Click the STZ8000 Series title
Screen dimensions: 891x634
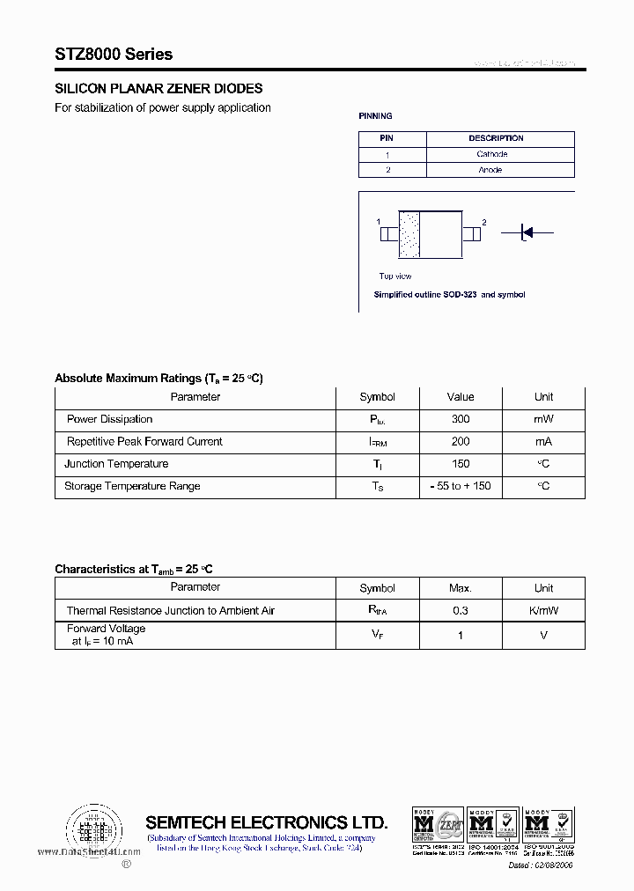[x=114, y=55]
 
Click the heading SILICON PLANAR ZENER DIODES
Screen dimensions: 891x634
[x=158, y=89]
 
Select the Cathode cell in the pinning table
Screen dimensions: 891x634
[x=491, y=154]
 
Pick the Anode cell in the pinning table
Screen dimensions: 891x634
[x=490, y=170]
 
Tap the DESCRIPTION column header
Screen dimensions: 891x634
[x=496, y=138]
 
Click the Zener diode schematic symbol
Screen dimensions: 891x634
[x=526, y=232]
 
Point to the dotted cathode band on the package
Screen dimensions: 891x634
[x=409, y=234]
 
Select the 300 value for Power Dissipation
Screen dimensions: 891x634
[x=460, y=420]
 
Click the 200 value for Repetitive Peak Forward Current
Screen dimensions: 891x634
[x=460, y=442]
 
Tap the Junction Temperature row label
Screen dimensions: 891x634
[x=116, y=464]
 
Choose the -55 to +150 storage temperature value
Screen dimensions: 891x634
[x=460, y=486]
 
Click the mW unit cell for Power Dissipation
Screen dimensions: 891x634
[x=543, y=420]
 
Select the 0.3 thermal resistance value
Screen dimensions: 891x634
[x=460, y=611]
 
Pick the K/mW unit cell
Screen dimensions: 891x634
[x=543, y=611]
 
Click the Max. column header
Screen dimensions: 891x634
[x=460, y=588]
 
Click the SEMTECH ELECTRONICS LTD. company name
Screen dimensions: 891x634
[x=266, y=822]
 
